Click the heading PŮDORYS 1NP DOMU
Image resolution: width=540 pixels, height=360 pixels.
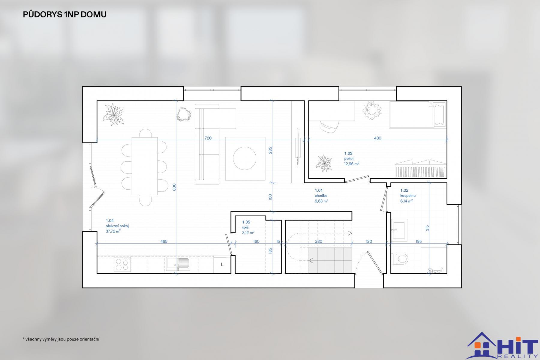[64, 14]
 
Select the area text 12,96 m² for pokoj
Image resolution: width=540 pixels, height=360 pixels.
[352, 164]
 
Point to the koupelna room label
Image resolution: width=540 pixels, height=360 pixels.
[408, 196]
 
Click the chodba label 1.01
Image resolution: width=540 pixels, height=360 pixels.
[319, 190]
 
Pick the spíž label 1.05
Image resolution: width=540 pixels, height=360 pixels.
[246, 222]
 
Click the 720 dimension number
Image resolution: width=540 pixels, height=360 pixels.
[208, 138]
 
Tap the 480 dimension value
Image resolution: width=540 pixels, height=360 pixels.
[377, 138]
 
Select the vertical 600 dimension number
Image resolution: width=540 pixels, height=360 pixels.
[174, 187]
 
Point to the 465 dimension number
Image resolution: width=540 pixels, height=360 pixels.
[164, 241]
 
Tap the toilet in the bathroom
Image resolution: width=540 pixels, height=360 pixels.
[399, 258]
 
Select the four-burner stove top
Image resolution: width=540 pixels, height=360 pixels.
[122, 264]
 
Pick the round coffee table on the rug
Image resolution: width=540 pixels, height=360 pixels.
[245, 158]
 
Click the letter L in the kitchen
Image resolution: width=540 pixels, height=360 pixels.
[222, 265]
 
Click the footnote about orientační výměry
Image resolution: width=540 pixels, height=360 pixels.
[61, 339]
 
